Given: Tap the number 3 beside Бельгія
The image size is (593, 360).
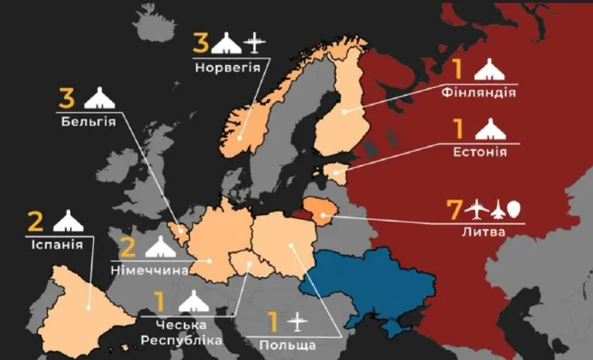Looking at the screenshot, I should tap(68, 100).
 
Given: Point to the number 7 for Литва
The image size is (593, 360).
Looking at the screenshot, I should tap(451, 209).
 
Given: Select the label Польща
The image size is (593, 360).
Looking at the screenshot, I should tap(284, 341).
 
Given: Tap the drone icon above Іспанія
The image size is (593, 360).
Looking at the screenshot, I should tap(68, 221).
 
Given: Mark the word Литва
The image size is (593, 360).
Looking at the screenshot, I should tap(485, 233).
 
